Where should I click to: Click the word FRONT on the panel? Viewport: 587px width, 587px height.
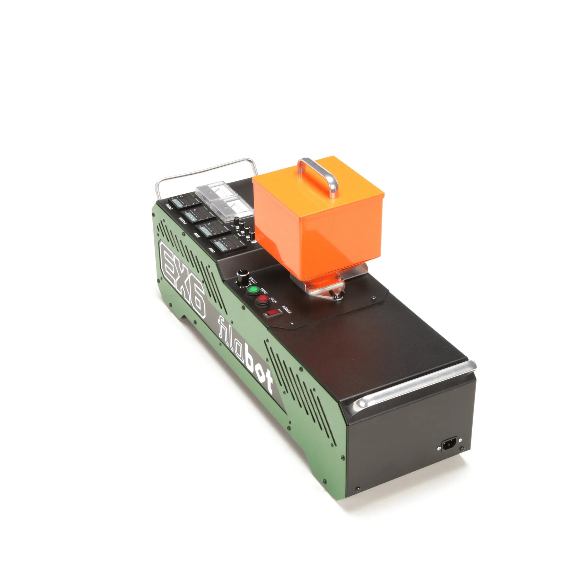pyautogui.click(x=169, y=208)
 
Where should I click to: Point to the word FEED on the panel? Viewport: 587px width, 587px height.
pyautogui.click(x=212, y=250)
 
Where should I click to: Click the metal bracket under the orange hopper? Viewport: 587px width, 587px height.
pyautogui.click(x=325, y=287)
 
